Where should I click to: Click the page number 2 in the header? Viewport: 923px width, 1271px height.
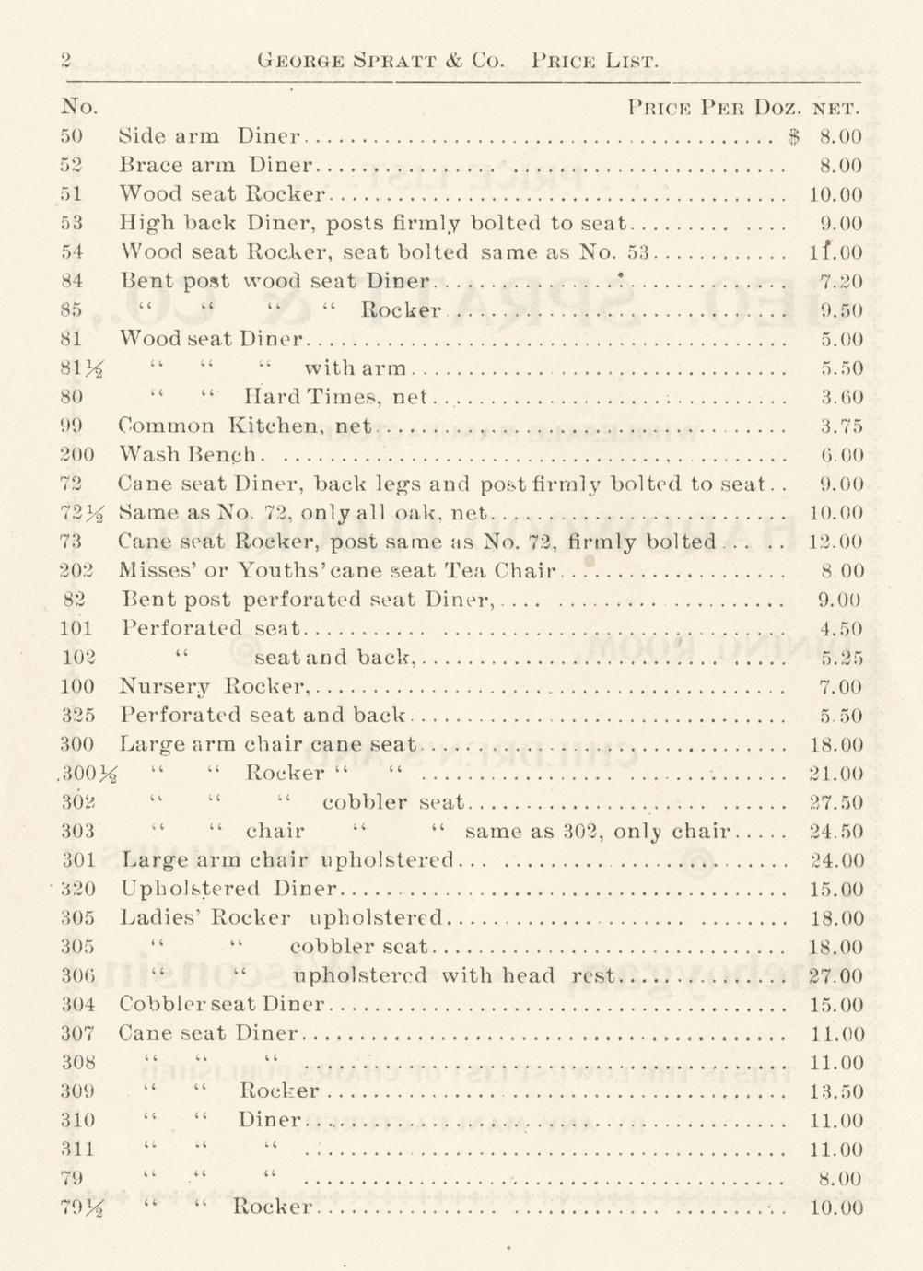[x=67, y=61]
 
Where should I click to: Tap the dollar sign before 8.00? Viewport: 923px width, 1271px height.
[x=794, y=137]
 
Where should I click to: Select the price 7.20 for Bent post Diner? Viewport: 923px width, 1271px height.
[x=840, y=281]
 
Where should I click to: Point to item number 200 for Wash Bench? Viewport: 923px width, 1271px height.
[x=76, y=454]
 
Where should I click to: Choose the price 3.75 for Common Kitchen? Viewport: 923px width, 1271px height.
[x=840, y=426]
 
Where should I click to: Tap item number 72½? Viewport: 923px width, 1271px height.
[x=79, y=513]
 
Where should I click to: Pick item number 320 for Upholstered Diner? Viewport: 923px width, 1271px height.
[x=77, y=890]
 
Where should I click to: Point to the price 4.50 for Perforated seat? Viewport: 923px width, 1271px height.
[x=840, y=629]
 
